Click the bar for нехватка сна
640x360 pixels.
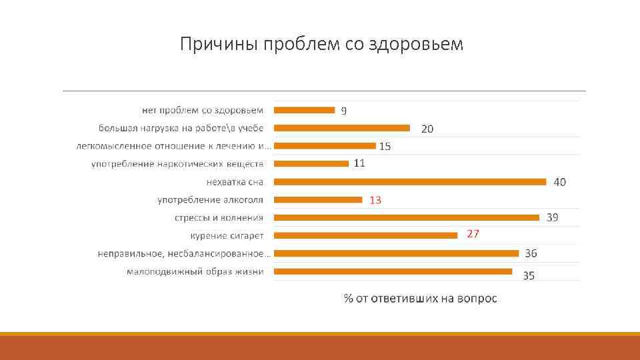410,181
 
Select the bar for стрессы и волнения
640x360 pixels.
407,217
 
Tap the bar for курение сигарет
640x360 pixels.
366,235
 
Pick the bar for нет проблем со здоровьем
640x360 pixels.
305,110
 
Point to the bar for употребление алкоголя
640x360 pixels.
318,199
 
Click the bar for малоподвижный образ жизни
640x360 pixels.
393,271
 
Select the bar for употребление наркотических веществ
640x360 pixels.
311,163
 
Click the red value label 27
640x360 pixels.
473,234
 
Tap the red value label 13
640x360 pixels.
375,199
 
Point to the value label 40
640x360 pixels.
560,181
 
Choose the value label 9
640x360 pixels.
344,111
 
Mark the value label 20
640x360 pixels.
427,129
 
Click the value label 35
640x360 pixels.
529,275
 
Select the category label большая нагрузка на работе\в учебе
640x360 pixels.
181,128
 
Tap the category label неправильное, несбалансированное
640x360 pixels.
184,253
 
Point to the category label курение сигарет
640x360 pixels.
227,235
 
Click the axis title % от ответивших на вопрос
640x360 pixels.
420,298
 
